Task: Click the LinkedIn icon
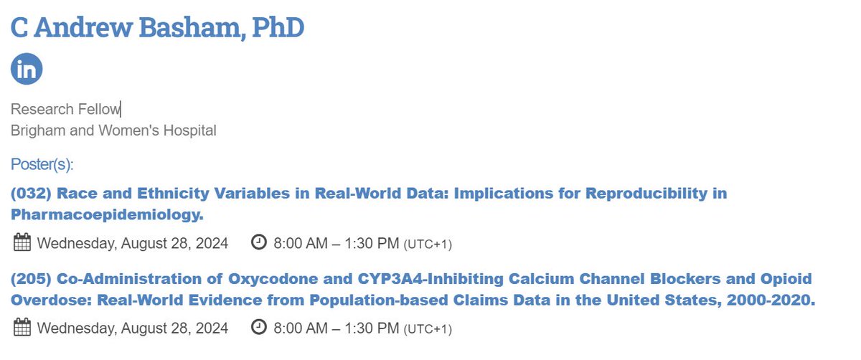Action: coord(27,69)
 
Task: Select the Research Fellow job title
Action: coord(66,109)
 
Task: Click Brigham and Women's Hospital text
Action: coord(113,131)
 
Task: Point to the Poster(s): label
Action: coord(42,165)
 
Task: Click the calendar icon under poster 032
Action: coord(22,243)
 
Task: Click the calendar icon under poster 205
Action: coord(22,328)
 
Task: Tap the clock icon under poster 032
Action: coord(259,242)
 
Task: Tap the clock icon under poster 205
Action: coord(259,328)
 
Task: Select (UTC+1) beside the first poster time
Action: coord(428,245)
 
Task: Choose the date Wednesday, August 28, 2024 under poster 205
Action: coord(133,328)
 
